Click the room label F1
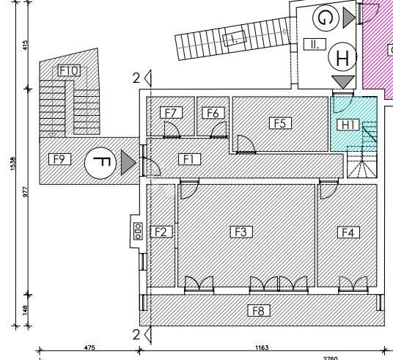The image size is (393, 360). [x=189, y=158]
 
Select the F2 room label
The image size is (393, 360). [x=161, y=232]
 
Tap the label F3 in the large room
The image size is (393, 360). [x=240, y=232]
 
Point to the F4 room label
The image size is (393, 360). [x=349, y=232]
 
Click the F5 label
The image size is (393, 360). [x=280, y=123]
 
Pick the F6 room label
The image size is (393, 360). [x=213, y=113]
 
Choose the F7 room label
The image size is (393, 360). [x=171, y=113]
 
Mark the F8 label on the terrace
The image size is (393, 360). [x=258, y=311]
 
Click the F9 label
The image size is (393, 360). [x=60, y=158]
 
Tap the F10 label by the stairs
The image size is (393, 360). [x=69, y=70]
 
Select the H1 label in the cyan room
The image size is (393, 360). [x=349, y=125]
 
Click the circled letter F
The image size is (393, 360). [x=100, y=163]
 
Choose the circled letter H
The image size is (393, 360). [x=342, y=56]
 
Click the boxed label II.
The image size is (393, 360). [x=314, y=44]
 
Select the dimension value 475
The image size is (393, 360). [x=89, y=348]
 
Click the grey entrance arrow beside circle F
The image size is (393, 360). [x=128, y=163]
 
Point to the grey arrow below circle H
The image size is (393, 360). [x=342, y=81]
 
